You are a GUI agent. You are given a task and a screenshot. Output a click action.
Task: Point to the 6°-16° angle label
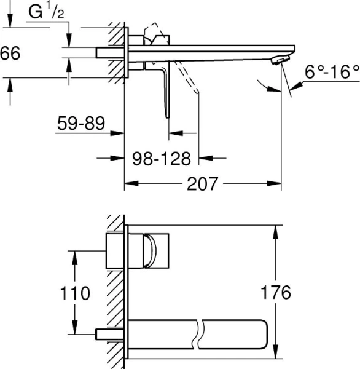coord(331,73)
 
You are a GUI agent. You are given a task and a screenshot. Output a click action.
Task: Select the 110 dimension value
coord(76,292)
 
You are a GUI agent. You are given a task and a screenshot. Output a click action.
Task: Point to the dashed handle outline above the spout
coord(154,33)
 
